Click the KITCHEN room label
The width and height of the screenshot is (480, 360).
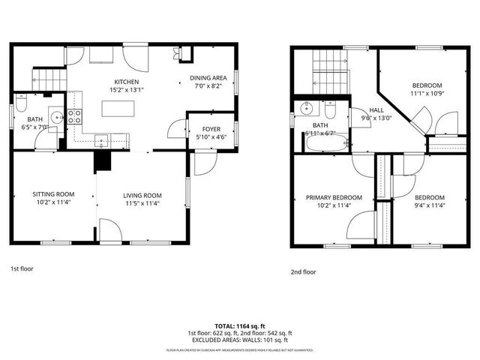(126, 82)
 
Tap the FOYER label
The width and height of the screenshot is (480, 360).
(211, 128)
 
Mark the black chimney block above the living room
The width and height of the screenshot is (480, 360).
(101, 160)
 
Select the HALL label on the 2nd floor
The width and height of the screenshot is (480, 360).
(367, 109)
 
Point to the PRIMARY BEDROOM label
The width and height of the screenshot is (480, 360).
(334, 198)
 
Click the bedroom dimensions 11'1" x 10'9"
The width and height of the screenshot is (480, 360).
(426, 93)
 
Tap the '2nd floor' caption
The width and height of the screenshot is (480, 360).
(303, 272)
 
